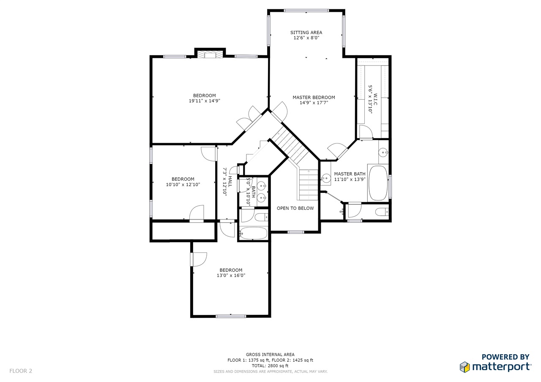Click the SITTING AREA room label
click(306, 33)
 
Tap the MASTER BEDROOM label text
click(314, 98)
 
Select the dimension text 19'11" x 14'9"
click(204, 101)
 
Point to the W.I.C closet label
click(375, 99)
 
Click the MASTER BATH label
click(350, 174)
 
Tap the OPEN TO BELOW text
click(295, 208)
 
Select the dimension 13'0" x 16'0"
click(231, 275)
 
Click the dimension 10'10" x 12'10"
click(183, 184)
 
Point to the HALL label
click(230, 182)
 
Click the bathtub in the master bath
click(378, 183)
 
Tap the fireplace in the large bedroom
click(210, 54)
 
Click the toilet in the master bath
click(382, 212)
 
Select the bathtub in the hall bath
click(254, 233)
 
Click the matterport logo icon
click(464, 367)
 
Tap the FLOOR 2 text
click(21, 371)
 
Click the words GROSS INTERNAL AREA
click(270, 355)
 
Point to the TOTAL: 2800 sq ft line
click(270, 366)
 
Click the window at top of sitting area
click(306, 11)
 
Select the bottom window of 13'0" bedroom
click(231, 316)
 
